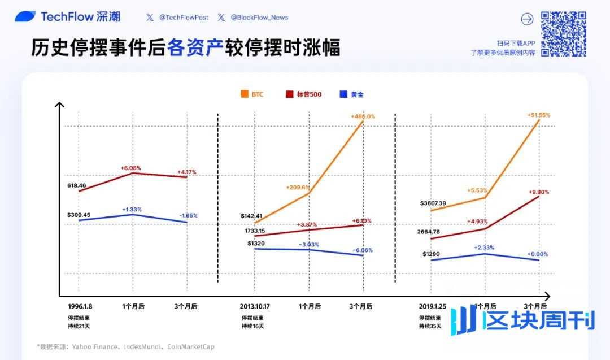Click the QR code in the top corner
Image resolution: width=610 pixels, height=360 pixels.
pyautogui.click(x=563, y=34)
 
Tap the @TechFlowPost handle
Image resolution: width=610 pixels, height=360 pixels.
pyautogui.click(x=184, y=18)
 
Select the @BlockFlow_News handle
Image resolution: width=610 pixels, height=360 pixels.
pyautogui.click(x=259, y=18)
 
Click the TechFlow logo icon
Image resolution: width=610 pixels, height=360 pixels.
pyautogui.click(x=25, y=17)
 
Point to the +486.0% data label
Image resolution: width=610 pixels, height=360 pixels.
pyautogui.click(x=363, y=116)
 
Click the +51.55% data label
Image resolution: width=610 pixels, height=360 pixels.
pyautogui.click(x=538, y=115)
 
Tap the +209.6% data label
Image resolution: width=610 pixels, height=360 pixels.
pyautogui.click(x=298, y=188)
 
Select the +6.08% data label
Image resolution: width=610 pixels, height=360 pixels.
pyautogui.click(x=130, y=168)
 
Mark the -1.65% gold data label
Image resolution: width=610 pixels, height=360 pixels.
pyautogui.click(x=188, y=216)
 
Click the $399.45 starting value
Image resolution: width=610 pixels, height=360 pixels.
pyautogui.click(x=79, y=215)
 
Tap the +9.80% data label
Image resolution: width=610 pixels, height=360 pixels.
pyautogui.click(x=538, y=192)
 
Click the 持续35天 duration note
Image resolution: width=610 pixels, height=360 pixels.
pyautogui.click(x=430, y=326)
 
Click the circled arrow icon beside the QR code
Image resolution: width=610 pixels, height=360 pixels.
pyautogui.click(x=527, y=19)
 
